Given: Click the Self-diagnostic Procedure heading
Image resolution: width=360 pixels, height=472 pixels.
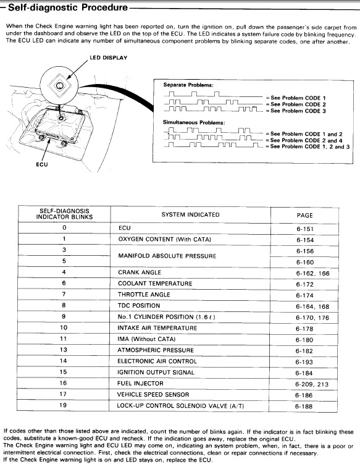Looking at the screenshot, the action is (68, 7).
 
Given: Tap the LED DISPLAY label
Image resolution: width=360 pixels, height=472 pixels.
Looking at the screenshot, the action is (109, 57).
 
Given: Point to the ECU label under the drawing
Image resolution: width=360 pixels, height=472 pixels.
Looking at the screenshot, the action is (42, 164).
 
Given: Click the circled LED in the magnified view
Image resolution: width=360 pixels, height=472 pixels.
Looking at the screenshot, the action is (59, 85).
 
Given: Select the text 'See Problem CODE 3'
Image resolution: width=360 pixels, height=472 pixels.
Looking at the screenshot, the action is (298, 111).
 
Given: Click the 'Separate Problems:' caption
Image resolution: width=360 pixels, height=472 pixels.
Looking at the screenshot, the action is (188, 85).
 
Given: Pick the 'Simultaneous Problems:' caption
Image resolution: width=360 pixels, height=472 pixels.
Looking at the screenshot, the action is (194, 122).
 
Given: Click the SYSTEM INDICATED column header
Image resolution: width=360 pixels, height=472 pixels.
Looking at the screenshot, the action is (190, 214).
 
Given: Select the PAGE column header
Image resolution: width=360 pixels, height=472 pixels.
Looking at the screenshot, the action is (304, 215).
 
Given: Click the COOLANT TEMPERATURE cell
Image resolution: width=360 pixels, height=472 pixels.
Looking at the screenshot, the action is (155, 284).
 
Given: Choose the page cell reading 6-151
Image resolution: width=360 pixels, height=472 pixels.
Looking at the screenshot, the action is (305, 229).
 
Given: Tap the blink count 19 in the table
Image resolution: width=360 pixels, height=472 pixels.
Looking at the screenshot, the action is (63, 405).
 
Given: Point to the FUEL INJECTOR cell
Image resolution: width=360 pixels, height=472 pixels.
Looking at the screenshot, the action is (140, 384).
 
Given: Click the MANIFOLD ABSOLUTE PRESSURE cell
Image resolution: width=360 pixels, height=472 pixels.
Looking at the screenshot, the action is (167, 256).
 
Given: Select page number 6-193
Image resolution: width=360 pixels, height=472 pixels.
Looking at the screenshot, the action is (304, 362).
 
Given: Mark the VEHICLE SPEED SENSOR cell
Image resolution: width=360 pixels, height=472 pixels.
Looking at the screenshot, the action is (153, 395).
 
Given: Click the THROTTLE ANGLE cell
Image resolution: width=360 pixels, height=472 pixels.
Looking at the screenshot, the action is (144, 295).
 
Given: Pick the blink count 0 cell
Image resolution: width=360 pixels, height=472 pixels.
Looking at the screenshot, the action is (64, 228).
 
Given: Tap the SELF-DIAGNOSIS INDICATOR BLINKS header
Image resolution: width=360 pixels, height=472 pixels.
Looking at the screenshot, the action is (64, 214).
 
